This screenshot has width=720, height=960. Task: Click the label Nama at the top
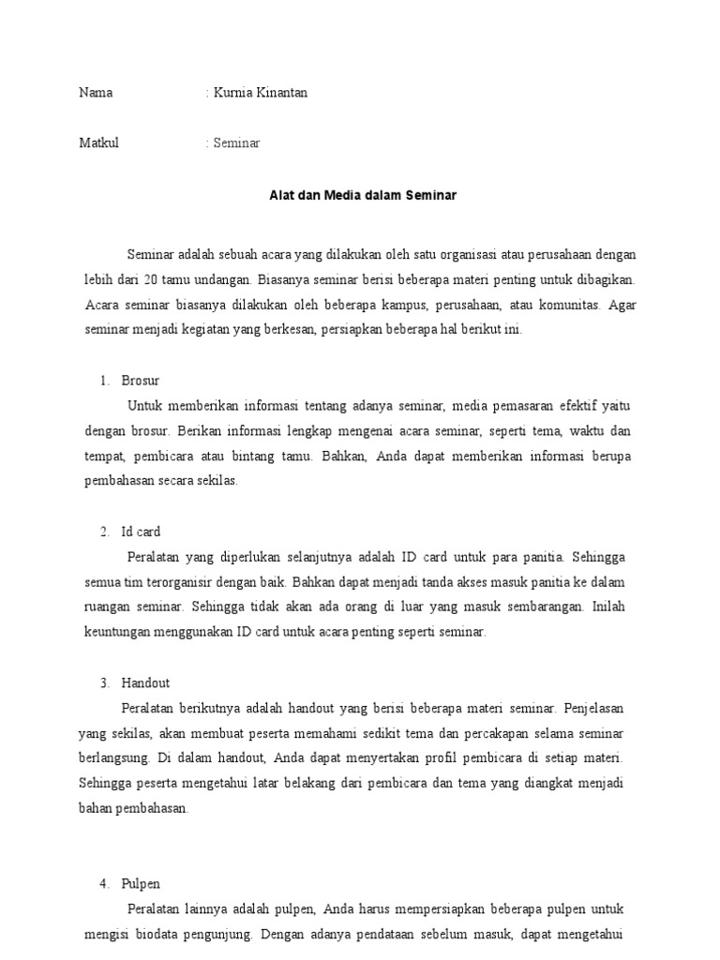pyautogui.click(x=96, y=93)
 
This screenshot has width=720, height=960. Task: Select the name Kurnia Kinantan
pyautogui.click(x=260, y=93)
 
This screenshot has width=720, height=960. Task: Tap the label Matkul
pyautogui.click(x=99, y=143)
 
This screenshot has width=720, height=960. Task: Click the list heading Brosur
pyautogui.click(x=141, y=381)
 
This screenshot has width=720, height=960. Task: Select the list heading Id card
pyautogui.click(x=141, y=532)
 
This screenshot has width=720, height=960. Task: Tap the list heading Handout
pyautogui.click(x=145, y=682)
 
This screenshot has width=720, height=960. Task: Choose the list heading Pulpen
pyautogui.click(x=141, y=884)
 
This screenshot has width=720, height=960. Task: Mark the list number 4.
pyautogui.click(x=104, y=884)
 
